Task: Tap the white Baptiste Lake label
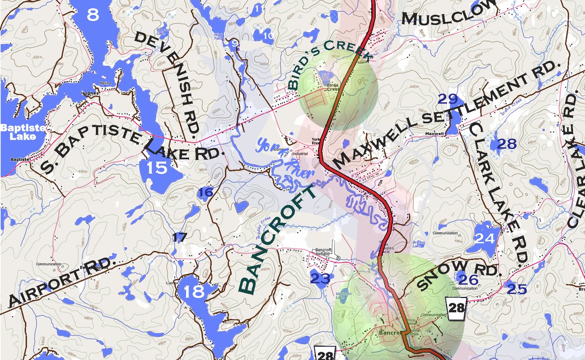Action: pyautogui.click(x=18, y=132)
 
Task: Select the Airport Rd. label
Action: pyautogui.click(x=61, y=281)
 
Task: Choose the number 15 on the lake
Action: pyautogui.click(x=157, y=168)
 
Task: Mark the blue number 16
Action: pyautogui.click(x=206, y=193)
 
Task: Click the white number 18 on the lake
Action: pyautogui.click(x=194, y=292)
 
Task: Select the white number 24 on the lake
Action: pyautogui.click(x=485, y=239)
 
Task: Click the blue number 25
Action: pyautogui.click(x=517, y=289)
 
